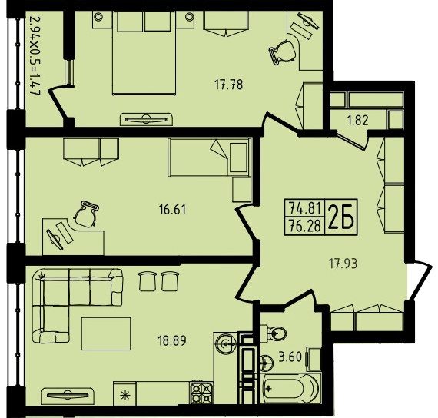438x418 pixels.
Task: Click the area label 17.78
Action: pyautogui.click(x=228, y=85)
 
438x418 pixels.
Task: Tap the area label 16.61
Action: pyautogui.click(x=172, y=209)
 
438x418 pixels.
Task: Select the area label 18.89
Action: pyautogui.click(x=172, y=341)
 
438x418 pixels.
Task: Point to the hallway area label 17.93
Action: pyautogui.click(x=343, y=264)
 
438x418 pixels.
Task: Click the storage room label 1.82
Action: pyautogui.click(x=358, y=121)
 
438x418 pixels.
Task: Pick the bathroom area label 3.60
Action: pyautogui.click(x=290, y=357)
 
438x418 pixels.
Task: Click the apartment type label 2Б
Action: pyautogui.click(x=340, y=217)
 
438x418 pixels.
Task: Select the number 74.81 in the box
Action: pyautogui.click(x=305, y=207)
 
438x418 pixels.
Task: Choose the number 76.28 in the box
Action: pyautogui.click(x=305, y=225)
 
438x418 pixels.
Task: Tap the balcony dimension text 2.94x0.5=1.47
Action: pyautogui.click(x=35, y=56)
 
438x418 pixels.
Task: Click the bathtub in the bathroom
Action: pyautogui.click(x=291, y=388)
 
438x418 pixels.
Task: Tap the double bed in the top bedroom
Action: pyautogui.click(x=144, y=53)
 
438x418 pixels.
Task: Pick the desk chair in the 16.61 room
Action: pyautogui.click(x=86, y=214)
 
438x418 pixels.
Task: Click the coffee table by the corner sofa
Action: pyautogui.click(x=106, y=333)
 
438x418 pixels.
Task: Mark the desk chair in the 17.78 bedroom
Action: pyautogui.click(x=282, y=52)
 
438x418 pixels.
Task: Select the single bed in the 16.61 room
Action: pyautogui.click(x=209, y=158)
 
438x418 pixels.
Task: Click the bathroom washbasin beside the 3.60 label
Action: pyautogui.click(x=267, y=363)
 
